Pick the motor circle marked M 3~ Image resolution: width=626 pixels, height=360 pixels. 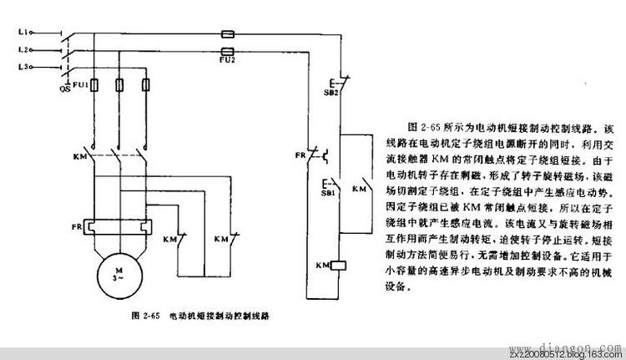[119, 275]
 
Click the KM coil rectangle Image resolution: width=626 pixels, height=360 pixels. [339, 266]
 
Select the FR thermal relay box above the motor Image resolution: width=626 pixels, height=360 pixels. [119, 226]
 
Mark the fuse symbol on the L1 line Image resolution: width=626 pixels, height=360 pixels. [225, 35]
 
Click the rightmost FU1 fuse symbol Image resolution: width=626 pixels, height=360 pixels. [149, 84]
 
